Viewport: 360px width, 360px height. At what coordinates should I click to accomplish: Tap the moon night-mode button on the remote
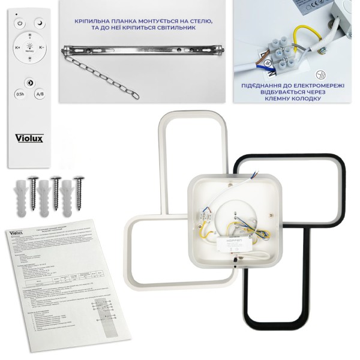[40, 24]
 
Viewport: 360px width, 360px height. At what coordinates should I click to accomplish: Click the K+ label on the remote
[17, 47]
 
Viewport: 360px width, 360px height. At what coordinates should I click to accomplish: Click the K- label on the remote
[41, 47]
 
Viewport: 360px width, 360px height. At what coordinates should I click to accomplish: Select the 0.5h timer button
[20, 94]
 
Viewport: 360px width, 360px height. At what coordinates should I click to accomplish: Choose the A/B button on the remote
[40, 94]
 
